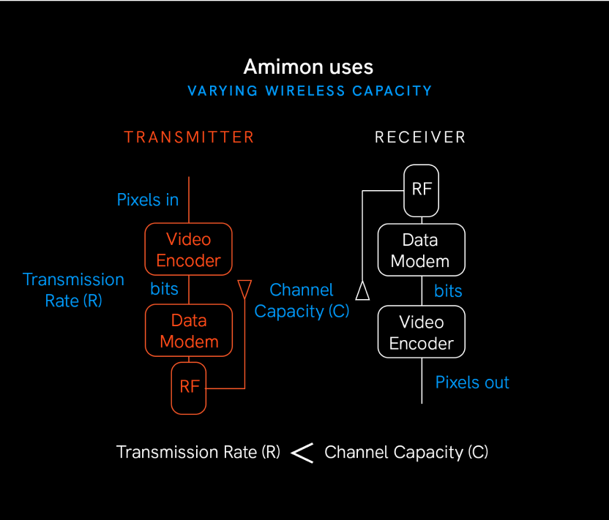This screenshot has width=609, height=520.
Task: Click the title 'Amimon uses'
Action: pyautogui.click(x=308, y=67)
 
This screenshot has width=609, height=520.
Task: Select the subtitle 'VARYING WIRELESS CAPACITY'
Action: pyautogui.click(x=310, y=91)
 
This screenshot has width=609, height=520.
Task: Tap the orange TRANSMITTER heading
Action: pyautogui.click(x=189, y=137)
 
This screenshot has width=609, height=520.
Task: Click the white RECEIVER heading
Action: pyautogui.click(x=420, y=137)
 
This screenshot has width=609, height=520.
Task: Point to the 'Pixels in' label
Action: pyautogui.click(x=148, y=200)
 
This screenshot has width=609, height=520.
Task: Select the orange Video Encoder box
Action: pyautogui.click(x=189, y=249)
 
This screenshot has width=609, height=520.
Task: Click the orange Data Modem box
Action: pyautogui.click(x=189, y=331)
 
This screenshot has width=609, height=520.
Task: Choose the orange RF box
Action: pyautogui.click(x=189, y=387)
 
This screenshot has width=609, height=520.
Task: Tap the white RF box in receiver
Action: pyautogui.click(x=422, y=189)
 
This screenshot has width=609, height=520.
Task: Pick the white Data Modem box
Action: pyautogui.click(x=420, y=250)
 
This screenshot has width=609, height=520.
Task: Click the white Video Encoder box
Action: pyautogui.click(x=421, y=332)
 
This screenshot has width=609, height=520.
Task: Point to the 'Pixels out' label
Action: pyautogui.click(x=472, y=383)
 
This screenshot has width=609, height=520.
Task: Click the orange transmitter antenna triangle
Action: pyautogui.click(x=244, y=287)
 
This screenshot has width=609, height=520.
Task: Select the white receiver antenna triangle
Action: pyautogui.click(x=362, y=291)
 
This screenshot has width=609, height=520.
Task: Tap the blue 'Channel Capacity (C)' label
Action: pyautogui.click(x=302, y=301)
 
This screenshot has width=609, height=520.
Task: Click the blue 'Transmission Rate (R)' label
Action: pyautogui.click(x=73, y=290)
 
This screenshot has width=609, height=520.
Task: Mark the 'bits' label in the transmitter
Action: pyautogui.click(x=164, y=289)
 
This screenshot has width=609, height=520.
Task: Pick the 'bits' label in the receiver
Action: pyautogui.click(x=448, y=291)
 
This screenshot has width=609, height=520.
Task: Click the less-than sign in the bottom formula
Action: pyautogui.click(x=302, y=453)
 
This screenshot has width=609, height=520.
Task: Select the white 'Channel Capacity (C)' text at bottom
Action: pyautogui.click(x=406, y=452)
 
